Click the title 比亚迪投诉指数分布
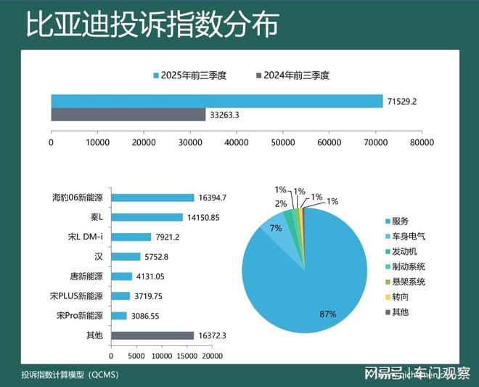[152, 26]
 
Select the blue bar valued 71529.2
[216, 101]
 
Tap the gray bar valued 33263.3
[128, 115]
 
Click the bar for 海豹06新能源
[152, 197]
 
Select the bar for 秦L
[147, 217]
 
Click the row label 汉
[99, 256]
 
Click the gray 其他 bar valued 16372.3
[152, 335]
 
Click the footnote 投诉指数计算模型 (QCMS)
[70, 375]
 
